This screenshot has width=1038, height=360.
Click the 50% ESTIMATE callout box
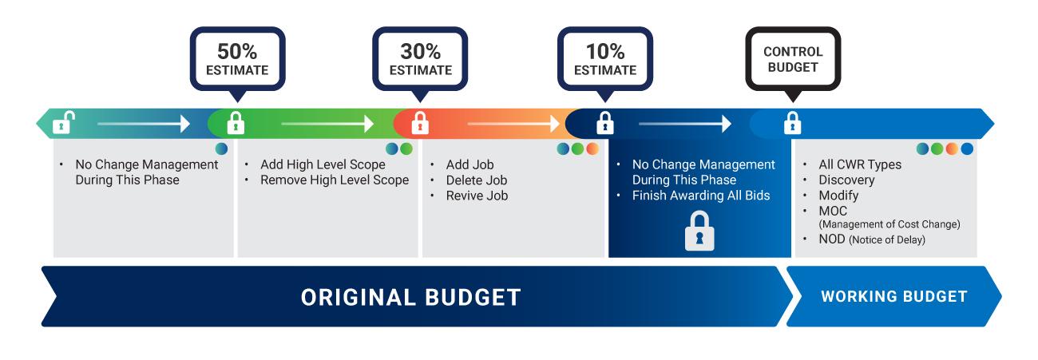pos(237,59)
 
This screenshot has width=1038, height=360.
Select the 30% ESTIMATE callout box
pos(420,59)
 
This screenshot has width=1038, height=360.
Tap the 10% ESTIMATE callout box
pos(605,59)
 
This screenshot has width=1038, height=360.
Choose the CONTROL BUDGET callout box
pos(793,59)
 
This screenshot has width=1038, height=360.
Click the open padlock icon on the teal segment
pos(63,123)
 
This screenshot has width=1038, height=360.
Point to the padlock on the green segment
pos(236,123)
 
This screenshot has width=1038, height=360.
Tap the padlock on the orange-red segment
pos(420,123)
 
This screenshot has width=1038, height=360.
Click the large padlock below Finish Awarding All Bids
pos(699,231)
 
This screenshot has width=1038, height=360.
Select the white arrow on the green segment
pos(327,124)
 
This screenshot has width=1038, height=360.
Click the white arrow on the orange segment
pos(513,124)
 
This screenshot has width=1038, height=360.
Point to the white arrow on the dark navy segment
pos(685,124)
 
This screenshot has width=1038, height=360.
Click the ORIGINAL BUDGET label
pos(411,297)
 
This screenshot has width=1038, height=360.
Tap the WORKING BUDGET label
pos(894,296)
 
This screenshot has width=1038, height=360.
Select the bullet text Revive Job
pos(477,196)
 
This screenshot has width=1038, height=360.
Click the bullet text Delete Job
pos(477,180)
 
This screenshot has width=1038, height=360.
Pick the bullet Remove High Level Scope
pos(335,180)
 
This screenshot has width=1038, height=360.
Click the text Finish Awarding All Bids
pos(701,196)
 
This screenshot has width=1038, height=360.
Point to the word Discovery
pos(846,180)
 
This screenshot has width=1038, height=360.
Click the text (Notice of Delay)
pos(887,240)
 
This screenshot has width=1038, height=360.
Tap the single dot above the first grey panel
pos(221,148)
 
